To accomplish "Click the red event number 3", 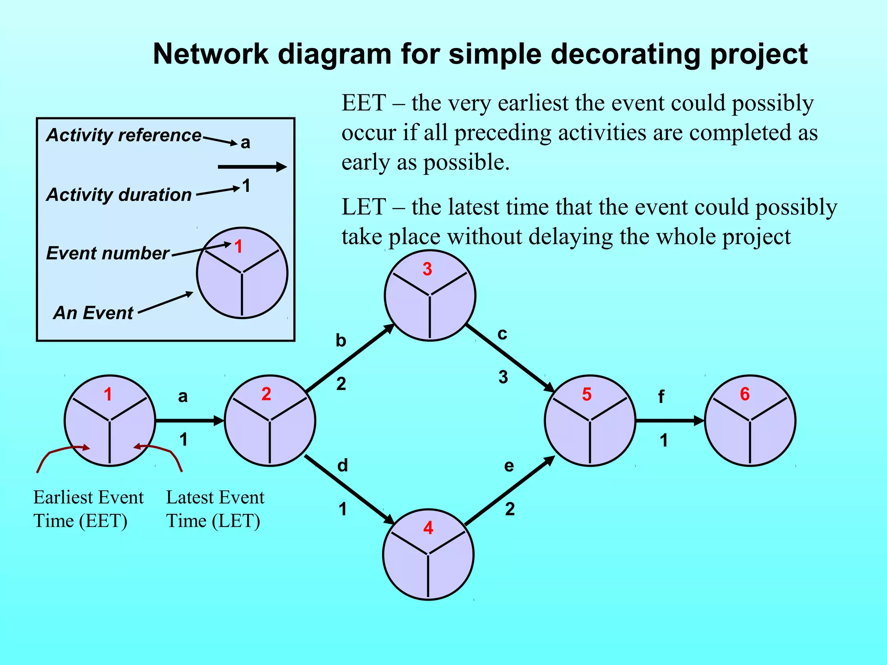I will [427, 269].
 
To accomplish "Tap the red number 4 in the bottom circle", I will [428, 528].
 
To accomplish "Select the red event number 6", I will [745, 394].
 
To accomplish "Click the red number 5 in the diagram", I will [586, 394].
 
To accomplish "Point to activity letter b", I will [341, 341].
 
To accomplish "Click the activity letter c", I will [502, 334].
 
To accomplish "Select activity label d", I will [342, 466].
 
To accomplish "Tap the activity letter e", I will [509, 466].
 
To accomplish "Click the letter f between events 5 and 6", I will [661, 397].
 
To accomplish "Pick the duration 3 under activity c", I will [503, 377].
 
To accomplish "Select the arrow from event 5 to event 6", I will [670, 420].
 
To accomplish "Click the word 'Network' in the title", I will [210, 54].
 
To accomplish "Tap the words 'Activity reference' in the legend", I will [124, 135].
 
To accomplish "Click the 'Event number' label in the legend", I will [107, 253].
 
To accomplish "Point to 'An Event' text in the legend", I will [93, 313].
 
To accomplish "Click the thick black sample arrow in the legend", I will [252, 167].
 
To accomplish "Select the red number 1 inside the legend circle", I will [238, 247].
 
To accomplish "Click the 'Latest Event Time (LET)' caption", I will [214, 509].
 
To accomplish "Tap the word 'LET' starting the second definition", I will [363, 207].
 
